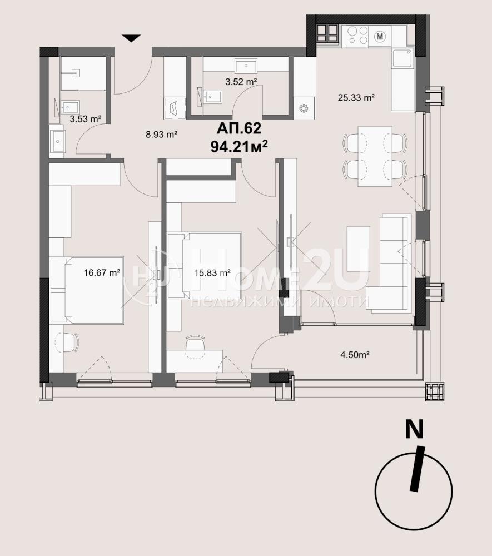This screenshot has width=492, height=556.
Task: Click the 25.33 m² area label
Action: [x=356, y=97]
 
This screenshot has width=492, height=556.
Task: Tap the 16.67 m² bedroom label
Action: [x=102, y=272]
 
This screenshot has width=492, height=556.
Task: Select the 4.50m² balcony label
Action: [x=355, y=354]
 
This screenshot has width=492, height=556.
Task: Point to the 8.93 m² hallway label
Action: [x=161, y=135]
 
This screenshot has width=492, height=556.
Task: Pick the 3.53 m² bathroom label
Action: [x=86, y=119]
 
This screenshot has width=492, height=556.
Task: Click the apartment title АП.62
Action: [x=239, y=128]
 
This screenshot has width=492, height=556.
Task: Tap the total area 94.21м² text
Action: [x=239, y=146]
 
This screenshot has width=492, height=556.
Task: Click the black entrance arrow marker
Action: [x=131, y=38]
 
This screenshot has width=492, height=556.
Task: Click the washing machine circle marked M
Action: [x=380, y=36]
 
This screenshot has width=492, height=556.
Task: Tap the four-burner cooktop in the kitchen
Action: [x=357, y=36]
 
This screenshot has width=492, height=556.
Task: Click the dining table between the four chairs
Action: [x=375, y=156]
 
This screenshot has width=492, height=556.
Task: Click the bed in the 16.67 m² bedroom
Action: [x=87, y=290]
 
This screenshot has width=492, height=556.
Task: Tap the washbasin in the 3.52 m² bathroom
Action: [x=246, y=66]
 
